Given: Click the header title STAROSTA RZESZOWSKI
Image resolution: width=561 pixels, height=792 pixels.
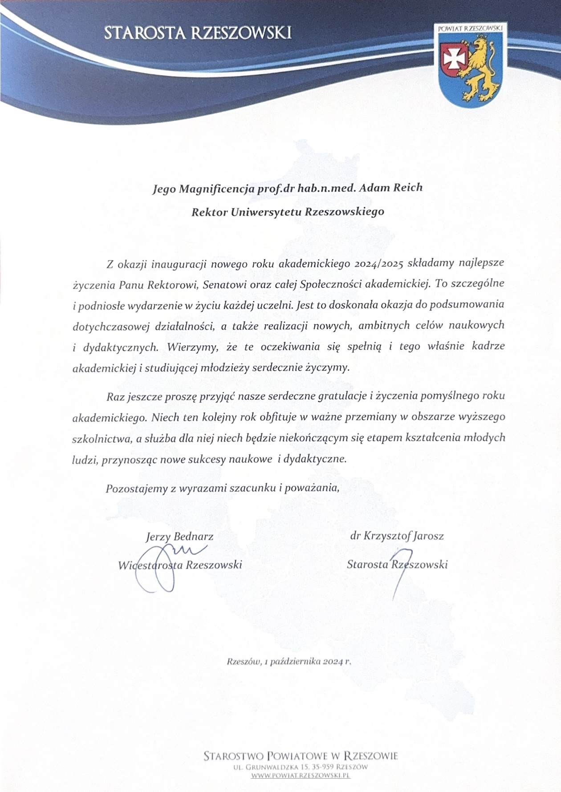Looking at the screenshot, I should (198, 33).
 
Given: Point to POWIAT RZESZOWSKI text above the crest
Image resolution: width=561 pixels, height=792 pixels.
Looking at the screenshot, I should (470, 28).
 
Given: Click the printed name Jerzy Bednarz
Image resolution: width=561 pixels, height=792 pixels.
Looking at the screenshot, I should (179, 537).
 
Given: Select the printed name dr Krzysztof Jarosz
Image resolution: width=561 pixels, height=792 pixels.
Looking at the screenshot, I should (397, 536).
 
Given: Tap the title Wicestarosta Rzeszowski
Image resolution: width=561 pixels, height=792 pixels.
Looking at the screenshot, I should (180, 565).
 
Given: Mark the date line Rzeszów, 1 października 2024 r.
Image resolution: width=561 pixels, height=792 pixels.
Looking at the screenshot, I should (289, 661).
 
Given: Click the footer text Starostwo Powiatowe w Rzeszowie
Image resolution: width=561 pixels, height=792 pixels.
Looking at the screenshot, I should (301, 755).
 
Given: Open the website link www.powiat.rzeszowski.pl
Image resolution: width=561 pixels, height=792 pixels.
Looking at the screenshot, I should (301, 776).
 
